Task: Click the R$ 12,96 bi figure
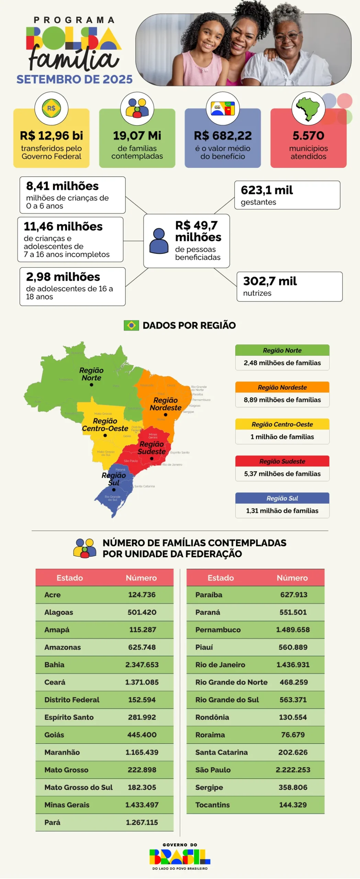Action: (x=52, y=136)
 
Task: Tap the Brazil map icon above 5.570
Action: (x=308, y=109)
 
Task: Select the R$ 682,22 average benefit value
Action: (x=223, y=136)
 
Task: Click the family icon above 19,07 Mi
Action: (x=137, y=109)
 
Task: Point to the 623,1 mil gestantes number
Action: (x=267, y=190)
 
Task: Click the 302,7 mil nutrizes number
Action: (x=270, y=281)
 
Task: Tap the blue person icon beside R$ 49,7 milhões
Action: (x=159, y=241)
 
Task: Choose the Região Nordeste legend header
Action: (x=282, y=387)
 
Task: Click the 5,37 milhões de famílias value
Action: (x=282, y=474)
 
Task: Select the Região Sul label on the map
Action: (x=113, y=479)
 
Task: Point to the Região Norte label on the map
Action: (x=91, y=374)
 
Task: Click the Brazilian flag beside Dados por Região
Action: (x=131, y=325)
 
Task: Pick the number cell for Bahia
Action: (x=142, y=665)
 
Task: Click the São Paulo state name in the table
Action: (x=213, y=770)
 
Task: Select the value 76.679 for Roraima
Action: (x=293, y=735)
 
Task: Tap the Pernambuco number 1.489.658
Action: (x=293, y=630)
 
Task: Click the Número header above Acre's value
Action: (x=141, y=578)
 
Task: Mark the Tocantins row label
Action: (x=212, y=805)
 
